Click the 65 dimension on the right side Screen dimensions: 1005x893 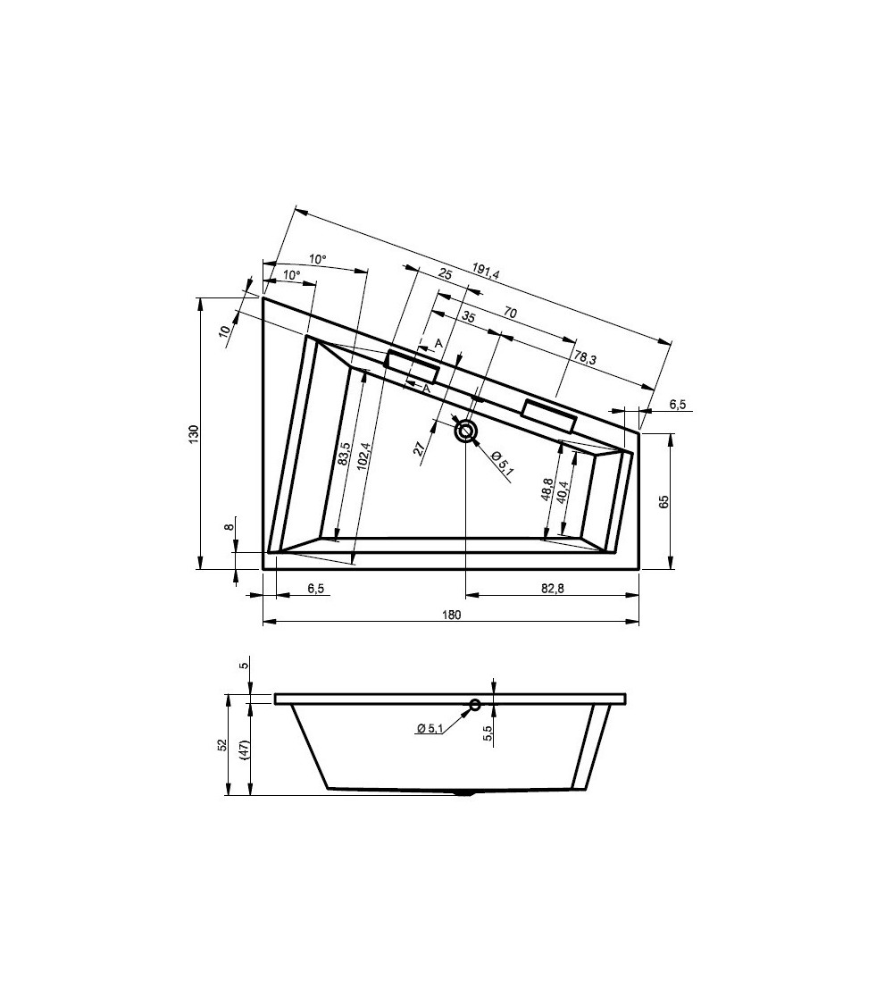(663, 501)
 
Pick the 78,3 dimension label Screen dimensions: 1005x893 (585, 357)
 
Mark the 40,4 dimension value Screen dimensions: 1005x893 (563, 492)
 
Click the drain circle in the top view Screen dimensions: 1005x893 (466, 431)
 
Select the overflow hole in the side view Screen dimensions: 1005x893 (475, 705)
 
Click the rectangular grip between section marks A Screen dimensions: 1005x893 (412, 366)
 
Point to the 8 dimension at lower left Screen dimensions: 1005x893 (230, 527)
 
